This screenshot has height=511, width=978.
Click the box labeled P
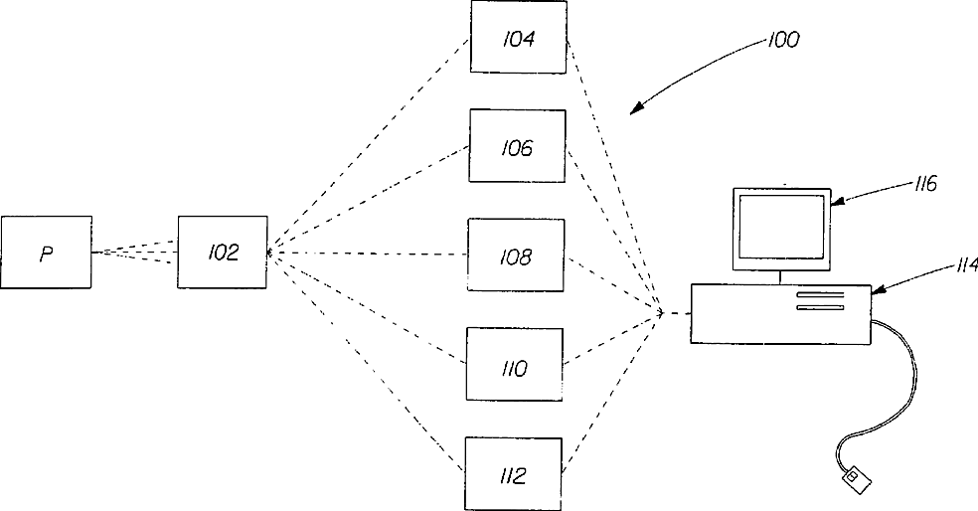46,253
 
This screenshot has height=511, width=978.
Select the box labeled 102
223,253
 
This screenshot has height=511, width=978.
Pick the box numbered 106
518,146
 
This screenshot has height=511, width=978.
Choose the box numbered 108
517,256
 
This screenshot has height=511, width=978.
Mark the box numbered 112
514,475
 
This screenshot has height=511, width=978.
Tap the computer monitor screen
781,227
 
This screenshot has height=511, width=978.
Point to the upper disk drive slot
819,295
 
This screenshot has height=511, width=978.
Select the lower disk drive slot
819,308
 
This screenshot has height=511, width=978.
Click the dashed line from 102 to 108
368,254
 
